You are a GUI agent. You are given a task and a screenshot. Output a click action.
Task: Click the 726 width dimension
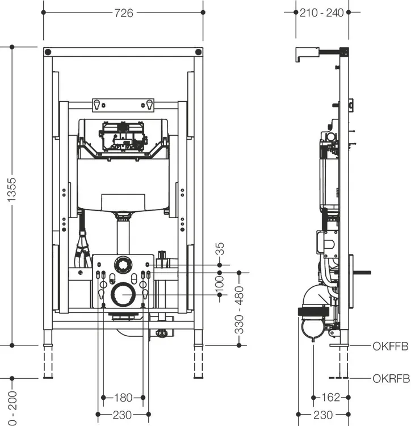pos(124,12)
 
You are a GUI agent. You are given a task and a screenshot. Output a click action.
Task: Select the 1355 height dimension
pos(12,190)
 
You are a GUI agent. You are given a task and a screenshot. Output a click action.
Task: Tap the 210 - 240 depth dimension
pos(322,12)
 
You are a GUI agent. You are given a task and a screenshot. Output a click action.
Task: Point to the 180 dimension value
pos(123,398)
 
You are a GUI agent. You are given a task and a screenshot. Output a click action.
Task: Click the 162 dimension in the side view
pos(330,397)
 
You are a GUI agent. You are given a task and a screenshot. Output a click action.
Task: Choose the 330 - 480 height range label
pos(239,310)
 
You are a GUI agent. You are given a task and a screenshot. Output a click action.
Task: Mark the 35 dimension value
pos(220,249)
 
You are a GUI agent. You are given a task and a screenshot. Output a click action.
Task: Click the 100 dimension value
pos(220,284)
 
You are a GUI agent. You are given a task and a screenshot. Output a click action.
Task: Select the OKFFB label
pos(391,346)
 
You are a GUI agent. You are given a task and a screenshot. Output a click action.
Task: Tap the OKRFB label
pos(391,378)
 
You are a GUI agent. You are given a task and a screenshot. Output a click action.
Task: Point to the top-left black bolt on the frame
pos(48,52)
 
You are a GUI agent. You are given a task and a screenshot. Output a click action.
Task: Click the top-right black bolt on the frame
pos(199,52)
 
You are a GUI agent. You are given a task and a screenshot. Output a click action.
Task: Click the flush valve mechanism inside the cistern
pos(123,137)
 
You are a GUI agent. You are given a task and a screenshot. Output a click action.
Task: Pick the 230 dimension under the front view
pos(123,415)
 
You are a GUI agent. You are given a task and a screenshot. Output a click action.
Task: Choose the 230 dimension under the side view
pos(323,415)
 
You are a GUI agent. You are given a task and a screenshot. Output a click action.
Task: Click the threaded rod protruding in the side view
pos(362,273)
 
